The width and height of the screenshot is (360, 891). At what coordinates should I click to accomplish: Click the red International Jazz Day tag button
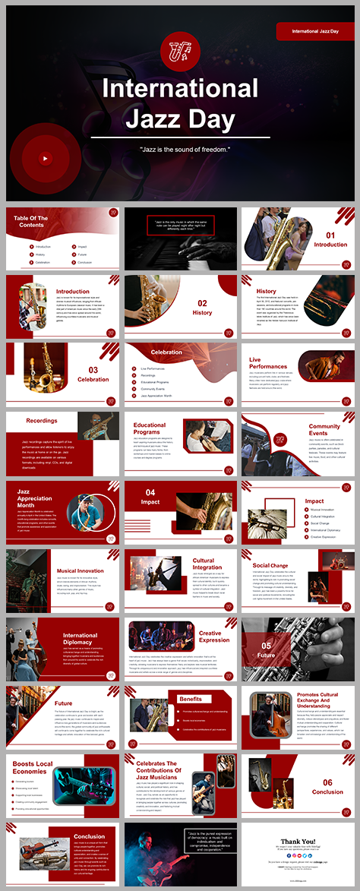point(314,31)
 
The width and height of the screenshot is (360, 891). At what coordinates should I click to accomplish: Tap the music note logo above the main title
point(179,51)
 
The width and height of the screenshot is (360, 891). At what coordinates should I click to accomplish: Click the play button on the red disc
point(45,159)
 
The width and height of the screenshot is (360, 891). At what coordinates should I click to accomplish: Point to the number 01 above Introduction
point(330,235)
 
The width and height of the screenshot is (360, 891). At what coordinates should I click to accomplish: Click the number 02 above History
point(203,304)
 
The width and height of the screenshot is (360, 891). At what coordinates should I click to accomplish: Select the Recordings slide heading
point(42,420)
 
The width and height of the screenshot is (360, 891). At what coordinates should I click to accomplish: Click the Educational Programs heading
point(150,429)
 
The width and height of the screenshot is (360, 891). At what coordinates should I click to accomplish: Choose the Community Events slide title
point(324,431)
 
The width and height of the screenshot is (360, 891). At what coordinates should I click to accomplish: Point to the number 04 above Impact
point(151,492)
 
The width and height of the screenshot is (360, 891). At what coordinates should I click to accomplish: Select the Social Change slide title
point(270,565)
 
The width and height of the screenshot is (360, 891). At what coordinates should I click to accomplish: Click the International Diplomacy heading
point(81,639)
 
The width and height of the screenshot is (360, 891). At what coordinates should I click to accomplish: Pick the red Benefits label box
point(190,699)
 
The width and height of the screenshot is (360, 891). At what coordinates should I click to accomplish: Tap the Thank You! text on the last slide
point(300,841)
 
